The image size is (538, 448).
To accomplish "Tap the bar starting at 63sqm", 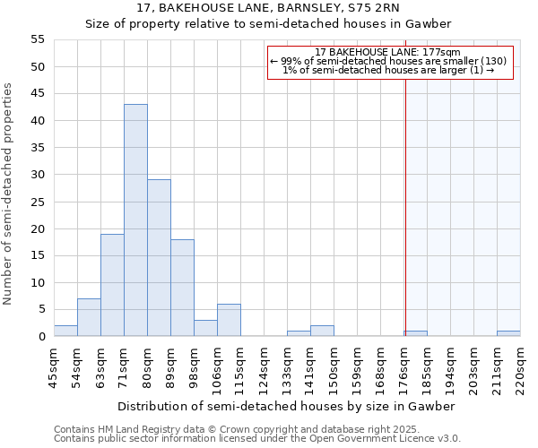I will coord(112,285).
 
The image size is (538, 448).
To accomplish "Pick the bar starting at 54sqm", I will coord(89,317).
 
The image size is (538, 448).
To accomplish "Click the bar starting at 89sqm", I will coord(182,288).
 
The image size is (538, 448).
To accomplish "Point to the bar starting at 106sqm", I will coord(229,320).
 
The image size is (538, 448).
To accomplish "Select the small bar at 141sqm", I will coord(322,331).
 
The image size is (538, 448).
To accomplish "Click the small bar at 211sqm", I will coord(508,333).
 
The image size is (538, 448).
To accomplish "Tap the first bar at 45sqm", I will coord(65,331).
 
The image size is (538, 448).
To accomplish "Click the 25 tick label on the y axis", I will coord(37,202).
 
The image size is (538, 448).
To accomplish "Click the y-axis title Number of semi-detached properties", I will coord(9,194).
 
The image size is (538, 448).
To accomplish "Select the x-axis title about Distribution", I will coord(286,406).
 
